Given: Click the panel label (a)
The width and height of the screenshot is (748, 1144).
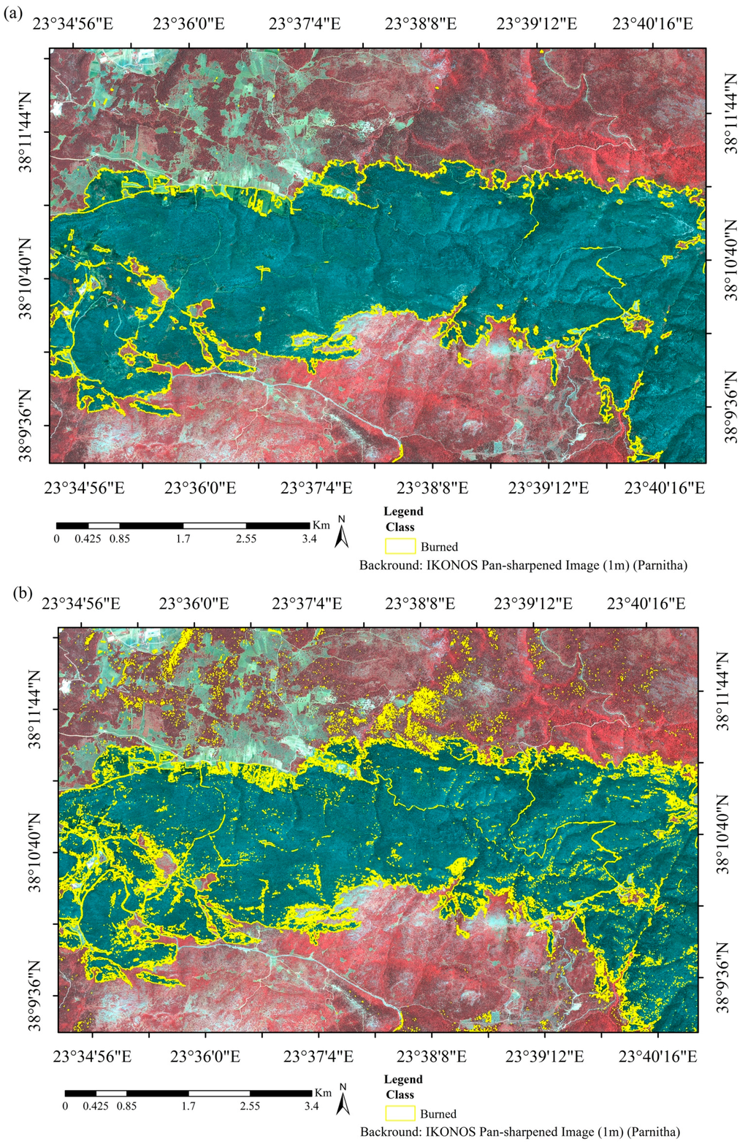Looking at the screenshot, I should (x=12, y=13).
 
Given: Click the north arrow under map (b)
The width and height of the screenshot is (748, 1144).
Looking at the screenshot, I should (x=342, y=1102).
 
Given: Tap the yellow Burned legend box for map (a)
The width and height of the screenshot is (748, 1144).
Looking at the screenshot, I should (x=400, y=546).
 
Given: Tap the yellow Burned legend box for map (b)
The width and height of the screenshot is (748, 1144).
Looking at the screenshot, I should (x=400, y=1113).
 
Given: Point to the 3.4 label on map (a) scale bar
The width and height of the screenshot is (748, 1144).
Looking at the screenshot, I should (x=309, y=540).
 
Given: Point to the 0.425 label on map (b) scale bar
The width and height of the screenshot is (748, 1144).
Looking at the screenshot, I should (x=96, y=1106).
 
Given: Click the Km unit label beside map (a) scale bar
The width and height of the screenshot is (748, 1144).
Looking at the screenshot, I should (x=321, y=524).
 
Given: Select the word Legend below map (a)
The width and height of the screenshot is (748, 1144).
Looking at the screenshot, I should (x=403, y=511).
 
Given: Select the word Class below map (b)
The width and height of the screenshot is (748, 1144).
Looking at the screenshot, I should (x=400, y=1094).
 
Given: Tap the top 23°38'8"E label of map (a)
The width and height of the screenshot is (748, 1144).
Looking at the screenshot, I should (x=421, y=23).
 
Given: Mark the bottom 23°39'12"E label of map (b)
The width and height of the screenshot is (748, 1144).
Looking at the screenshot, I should (x=543, y=1056).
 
